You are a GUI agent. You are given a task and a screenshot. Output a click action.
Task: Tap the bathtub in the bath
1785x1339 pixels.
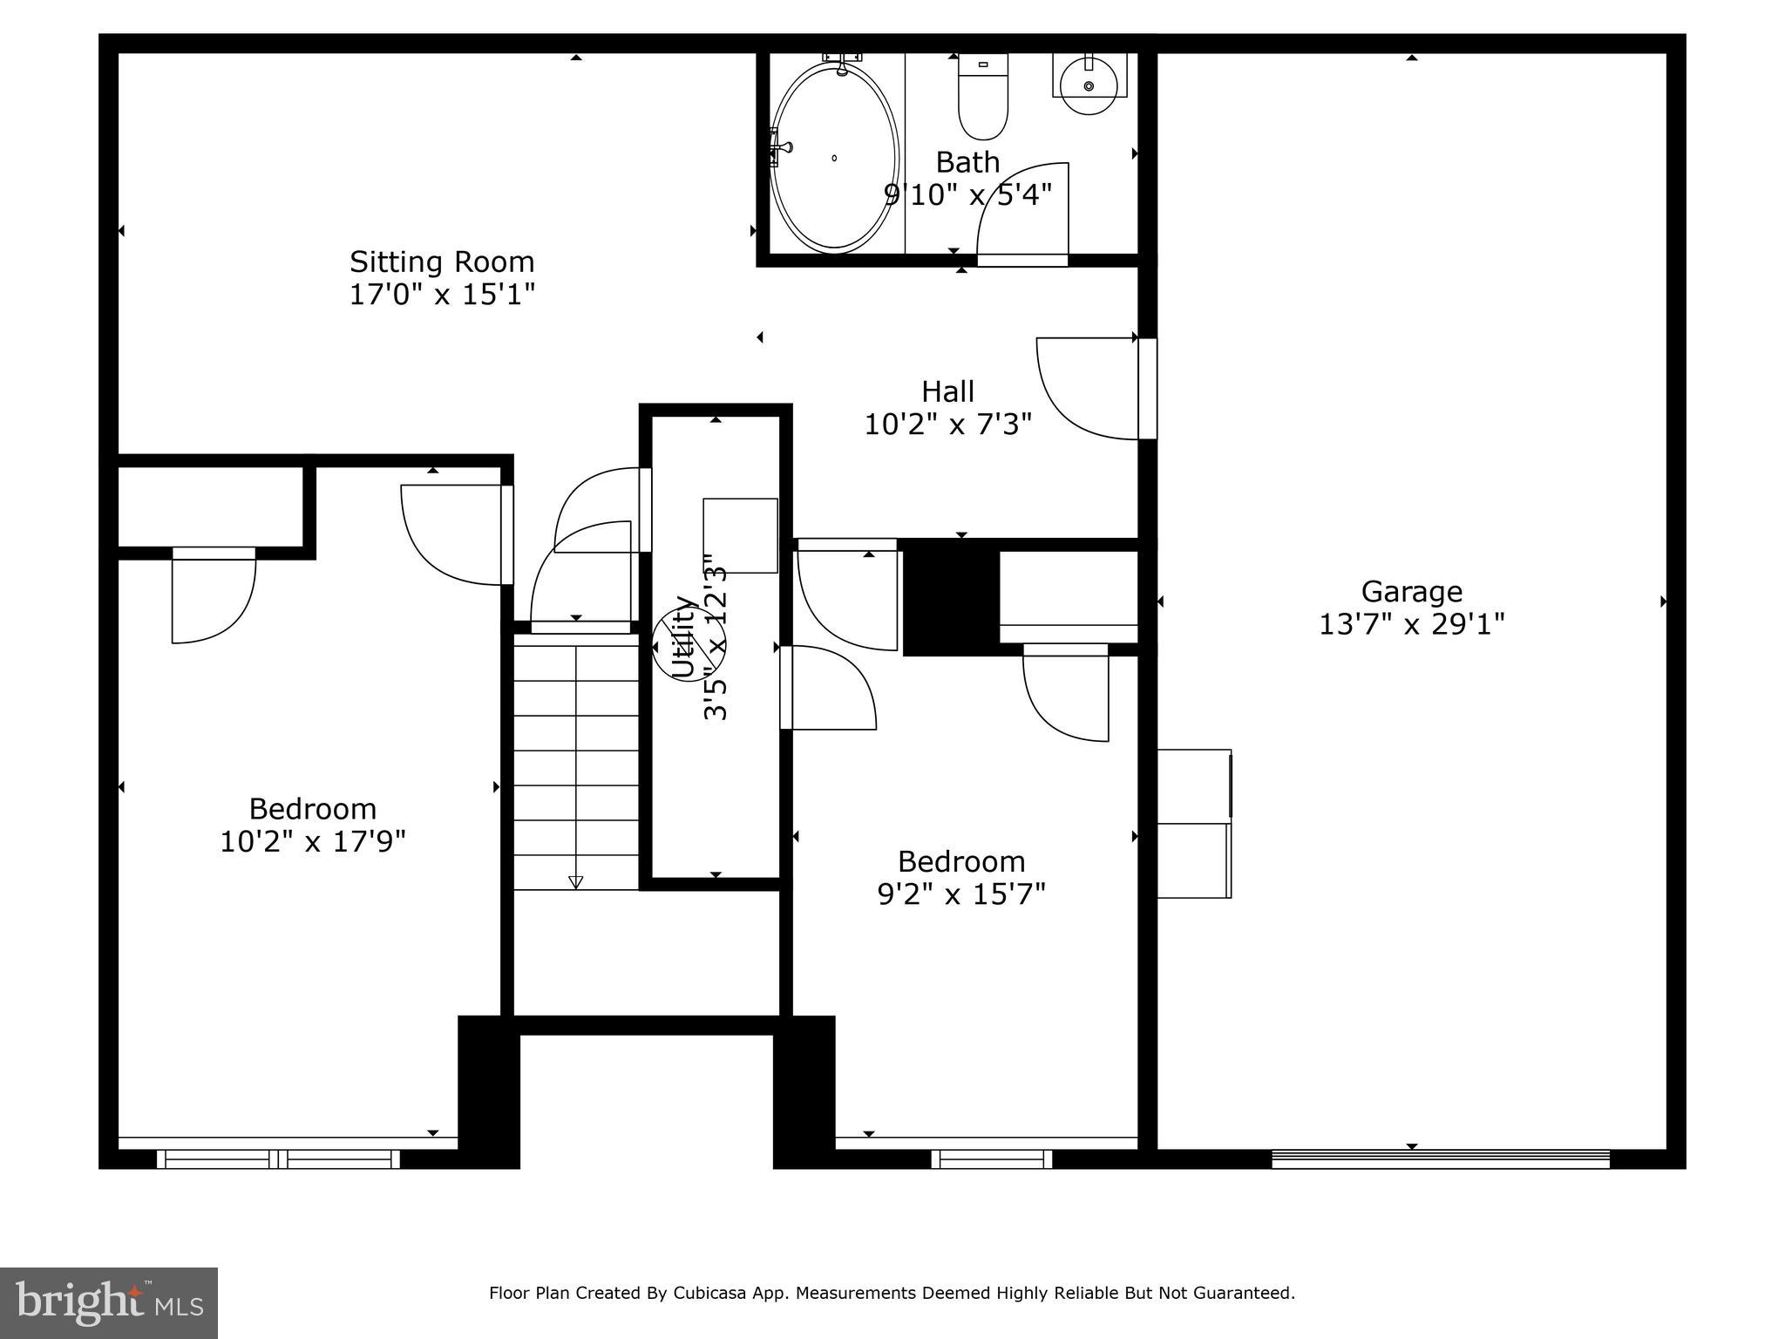(834, 158)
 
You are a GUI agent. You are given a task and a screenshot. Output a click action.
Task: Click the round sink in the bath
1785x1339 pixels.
(1089, 85)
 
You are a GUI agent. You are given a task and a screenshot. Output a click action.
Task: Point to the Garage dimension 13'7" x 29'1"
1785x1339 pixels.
(1411, 624)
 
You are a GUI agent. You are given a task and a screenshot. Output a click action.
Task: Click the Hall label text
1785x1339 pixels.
(947, 391)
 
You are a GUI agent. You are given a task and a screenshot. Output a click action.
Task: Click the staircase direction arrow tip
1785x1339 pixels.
(575, 883)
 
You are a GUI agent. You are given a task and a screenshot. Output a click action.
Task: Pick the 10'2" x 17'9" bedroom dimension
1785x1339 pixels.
(313, 842)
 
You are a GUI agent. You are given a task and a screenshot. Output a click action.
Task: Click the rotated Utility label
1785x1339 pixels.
(683, 636)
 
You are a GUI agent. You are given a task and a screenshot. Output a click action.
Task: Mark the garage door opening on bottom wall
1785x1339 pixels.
(1440, 1159)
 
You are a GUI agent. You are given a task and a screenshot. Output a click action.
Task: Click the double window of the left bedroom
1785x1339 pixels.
(278, 1159)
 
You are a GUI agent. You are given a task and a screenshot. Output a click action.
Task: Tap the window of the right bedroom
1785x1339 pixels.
(991, 1159)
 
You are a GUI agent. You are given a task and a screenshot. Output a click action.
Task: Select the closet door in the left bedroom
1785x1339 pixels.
(214, 597)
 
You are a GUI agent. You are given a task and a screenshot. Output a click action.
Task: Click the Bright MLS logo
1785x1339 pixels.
(108, 1302)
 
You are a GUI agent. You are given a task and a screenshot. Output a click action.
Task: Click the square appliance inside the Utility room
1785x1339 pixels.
(740, 535)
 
